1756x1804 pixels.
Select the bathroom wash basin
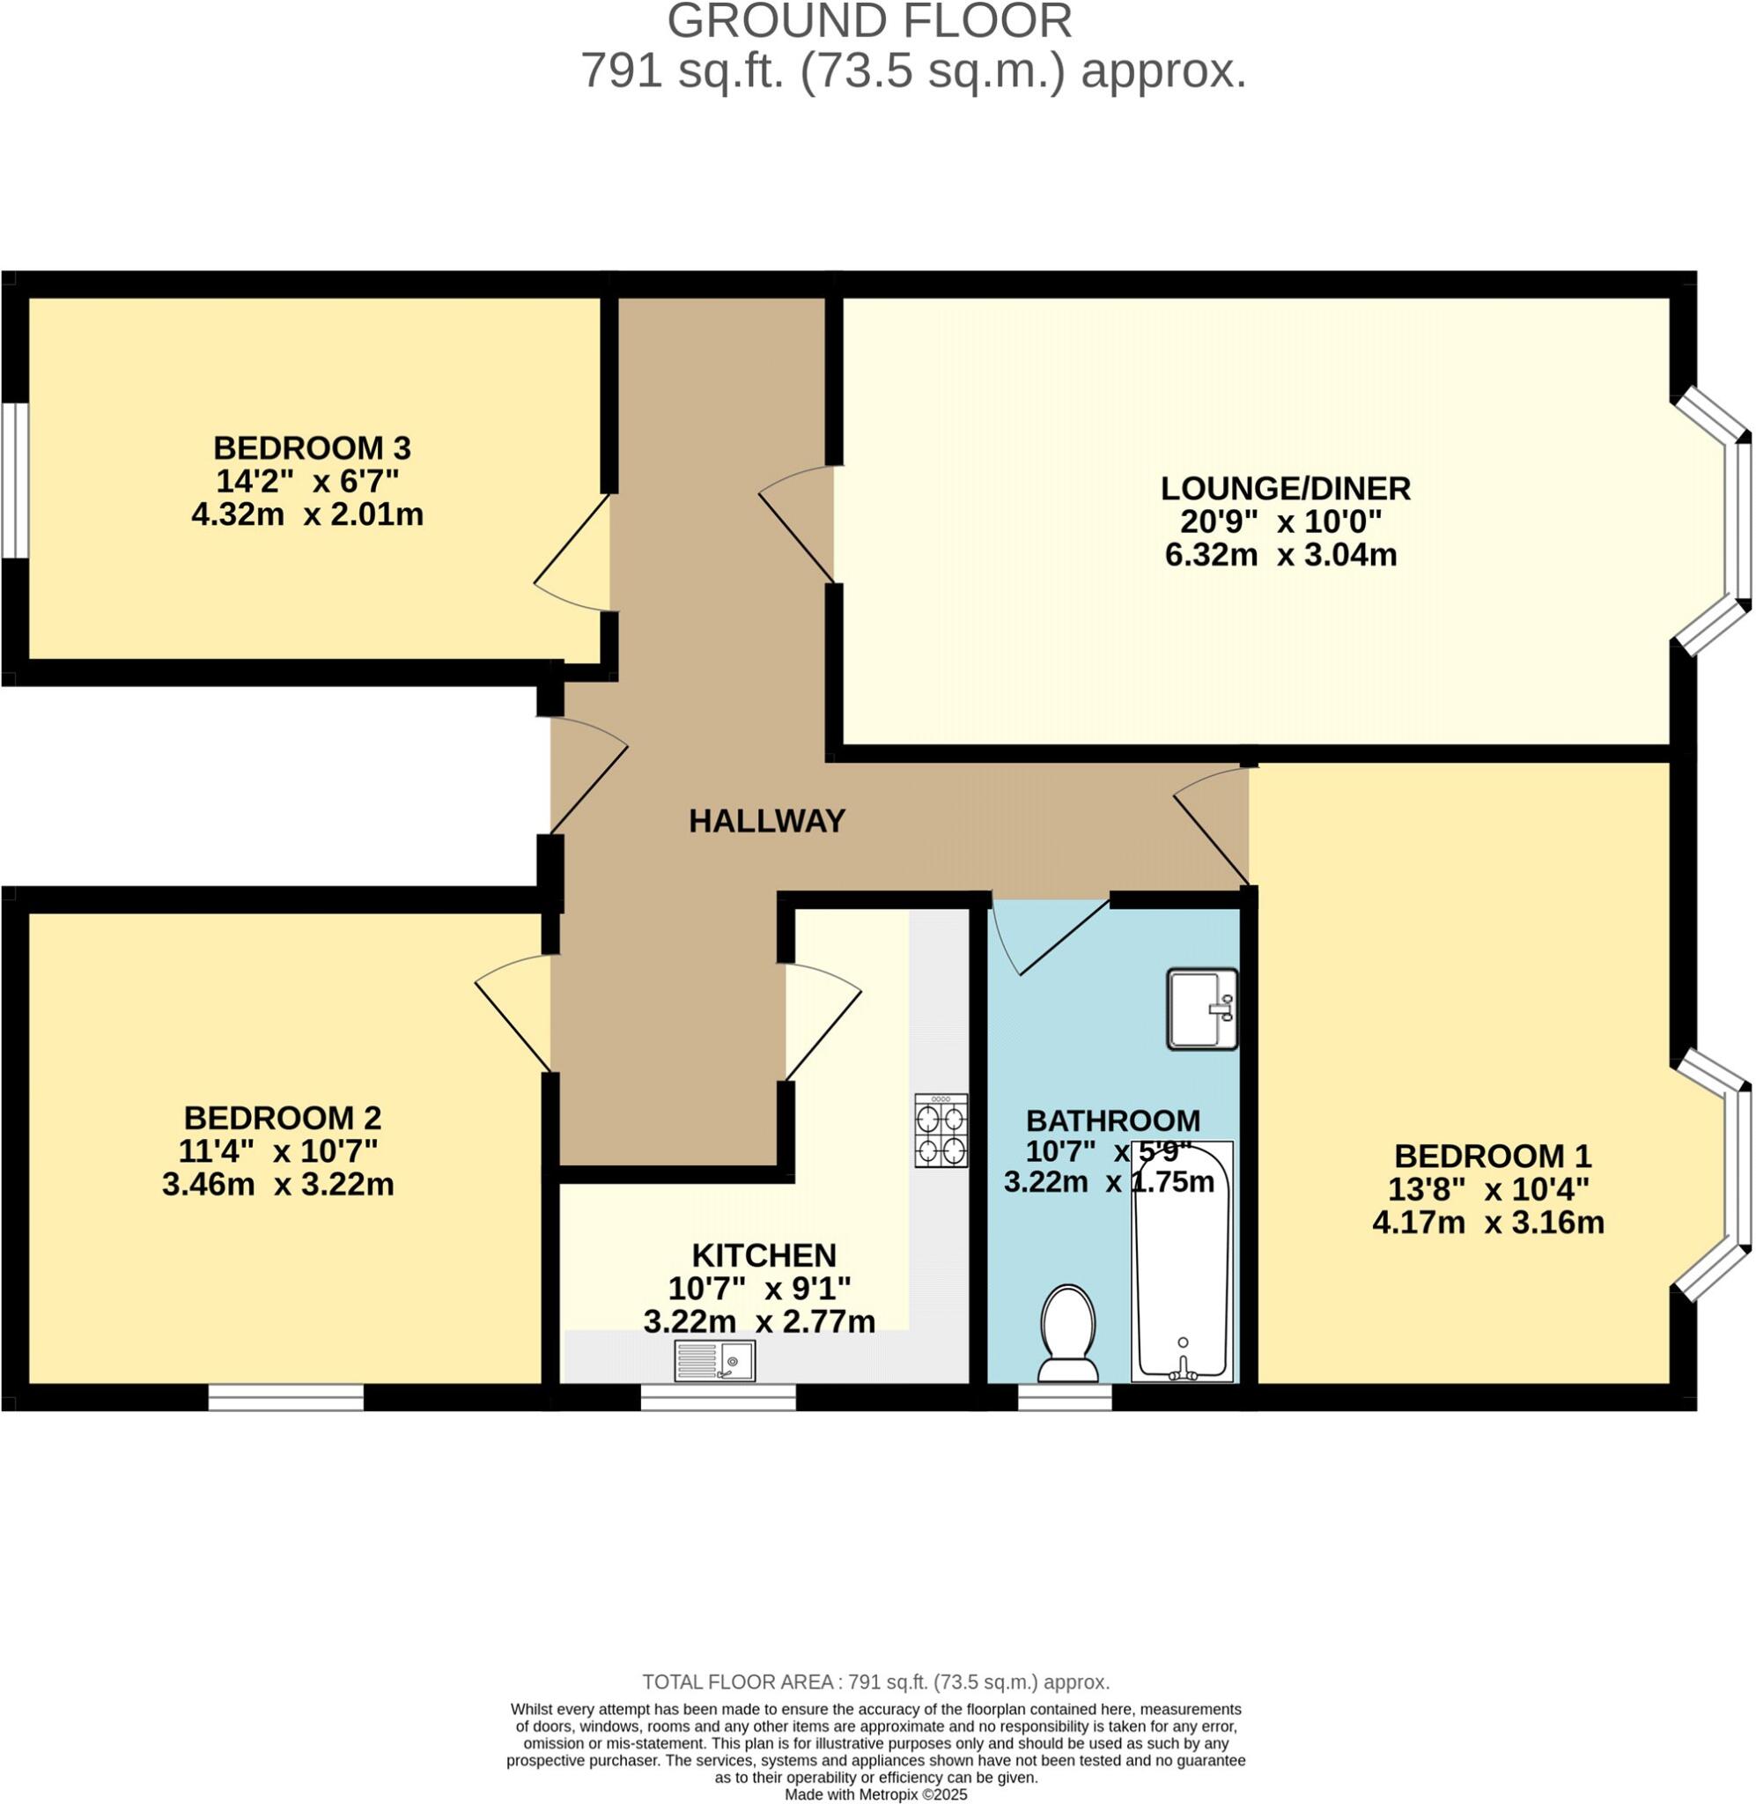[x=1203, y=1009]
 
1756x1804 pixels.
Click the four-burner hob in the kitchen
[x=941, y=1130]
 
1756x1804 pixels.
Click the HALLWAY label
[x=766, y=821]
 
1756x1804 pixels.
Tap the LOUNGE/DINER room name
[x=1285, y=488]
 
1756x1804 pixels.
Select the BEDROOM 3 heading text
[x=312, y=448]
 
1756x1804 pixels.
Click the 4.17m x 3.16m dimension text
[x=1488, y=1223]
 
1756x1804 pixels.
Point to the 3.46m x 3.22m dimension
[x=277, y=1184]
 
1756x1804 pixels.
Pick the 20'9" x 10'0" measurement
[x=1281, y=522]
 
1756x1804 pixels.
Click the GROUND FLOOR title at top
[x=869, y=20]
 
